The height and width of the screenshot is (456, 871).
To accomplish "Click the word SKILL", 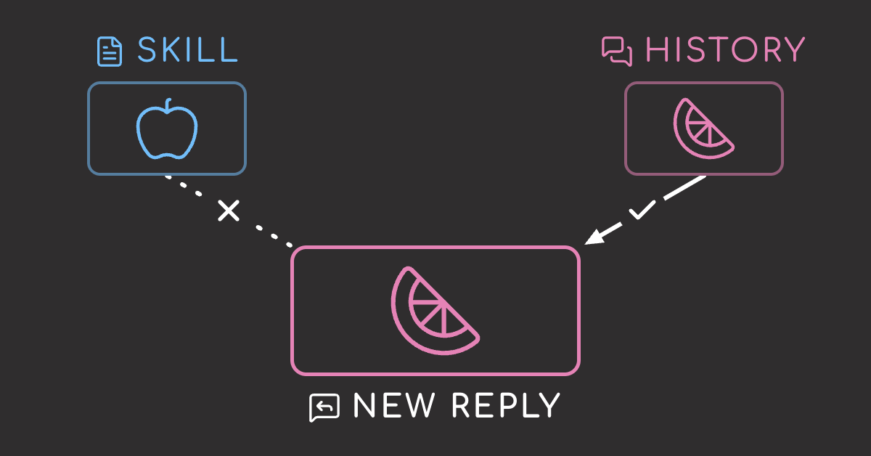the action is (187, 50).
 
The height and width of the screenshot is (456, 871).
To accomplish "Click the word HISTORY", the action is (725, 50).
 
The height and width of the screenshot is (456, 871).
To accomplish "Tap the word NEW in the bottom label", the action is (393, 405).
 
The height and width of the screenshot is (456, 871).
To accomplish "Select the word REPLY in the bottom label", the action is (506, 405).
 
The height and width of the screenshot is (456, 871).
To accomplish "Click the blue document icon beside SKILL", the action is (110, 52).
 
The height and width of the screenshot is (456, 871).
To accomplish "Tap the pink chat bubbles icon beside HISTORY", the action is (617, 52).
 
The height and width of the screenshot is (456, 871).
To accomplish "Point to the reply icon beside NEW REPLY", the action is (324, 407).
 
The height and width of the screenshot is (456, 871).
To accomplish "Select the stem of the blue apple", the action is (168, 105).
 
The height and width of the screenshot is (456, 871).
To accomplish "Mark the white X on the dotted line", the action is (229, 211).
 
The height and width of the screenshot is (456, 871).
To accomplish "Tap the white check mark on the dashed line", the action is (642, 210).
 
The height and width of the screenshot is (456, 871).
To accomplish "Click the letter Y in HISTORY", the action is (793, 50).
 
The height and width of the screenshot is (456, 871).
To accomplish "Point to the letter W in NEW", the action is (420, 405).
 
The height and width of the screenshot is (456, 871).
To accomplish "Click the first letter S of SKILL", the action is (147, 50).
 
